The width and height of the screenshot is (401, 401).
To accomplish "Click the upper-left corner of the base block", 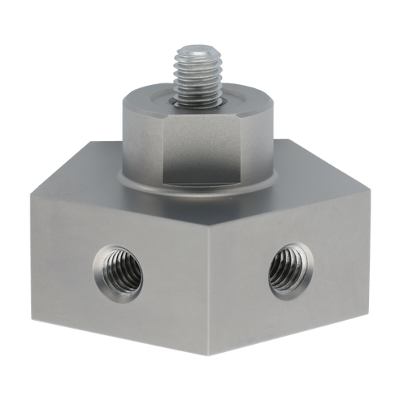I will [30, 191].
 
